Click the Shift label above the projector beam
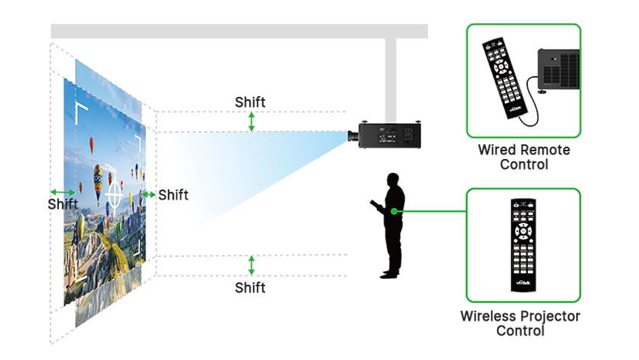click(x=250, y=102)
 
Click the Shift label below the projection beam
click(x=250, y=288)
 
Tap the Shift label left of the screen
click(x=63, y=204)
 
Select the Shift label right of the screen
click(x=173, y=195)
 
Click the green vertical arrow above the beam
click(x=250, y=121)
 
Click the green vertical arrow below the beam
click(x=250, y=265)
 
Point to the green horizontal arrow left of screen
click(x=63, y=192)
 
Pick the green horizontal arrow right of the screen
click(x=149, y=194)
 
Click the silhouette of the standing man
click(x=392, y=225)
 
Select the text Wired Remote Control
click(x=523, y=157)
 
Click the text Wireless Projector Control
click(x=520, y=324)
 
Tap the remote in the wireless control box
click(x=523, y=244)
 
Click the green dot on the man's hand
click(x=394, y=210)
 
